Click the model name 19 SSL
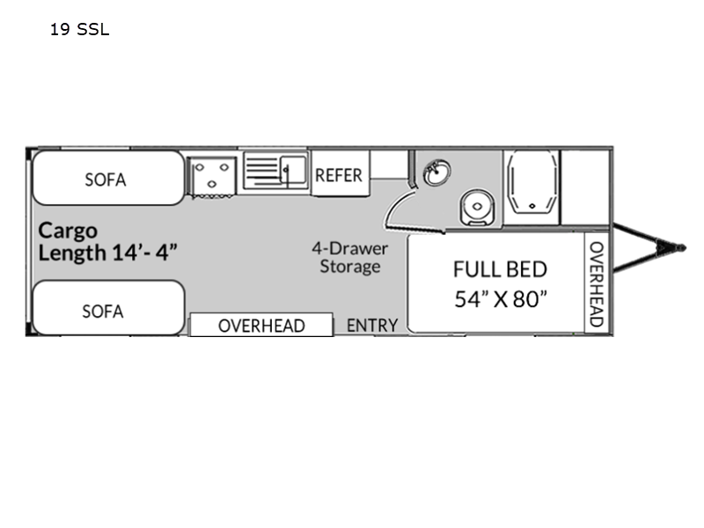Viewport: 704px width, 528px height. click(79, 30)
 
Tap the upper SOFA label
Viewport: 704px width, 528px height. click(106, 180)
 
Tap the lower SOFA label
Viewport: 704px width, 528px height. click(103, 312)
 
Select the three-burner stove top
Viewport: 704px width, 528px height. click(211, 176)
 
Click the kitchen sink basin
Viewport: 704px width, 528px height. click(293, 168)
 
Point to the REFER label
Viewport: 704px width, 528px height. click(339, 175)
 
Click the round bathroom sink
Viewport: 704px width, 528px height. click(437, 172)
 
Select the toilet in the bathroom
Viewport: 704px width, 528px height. click(477, 207)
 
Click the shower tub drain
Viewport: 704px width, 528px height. click(532, 206)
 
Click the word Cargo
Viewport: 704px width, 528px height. click(68, 231)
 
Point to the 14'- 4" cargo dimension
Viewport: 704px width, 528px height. click(144, 252)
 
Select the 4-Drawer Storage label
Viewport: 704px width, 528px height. click(350, 257)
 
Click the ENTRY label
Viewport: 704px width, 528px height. click(372, 325)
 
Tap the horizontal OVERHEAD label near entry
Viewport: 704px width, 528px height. click(261, 326)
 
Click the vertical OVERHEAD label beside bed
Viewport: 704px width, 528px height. click(597, 283)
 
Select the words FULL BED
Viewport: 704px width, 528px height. click(500, 269)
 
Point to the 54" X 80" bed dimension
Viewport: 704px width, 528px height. click(501, 299)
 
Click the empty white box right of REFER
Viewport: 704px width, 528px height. click(389, 165)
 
